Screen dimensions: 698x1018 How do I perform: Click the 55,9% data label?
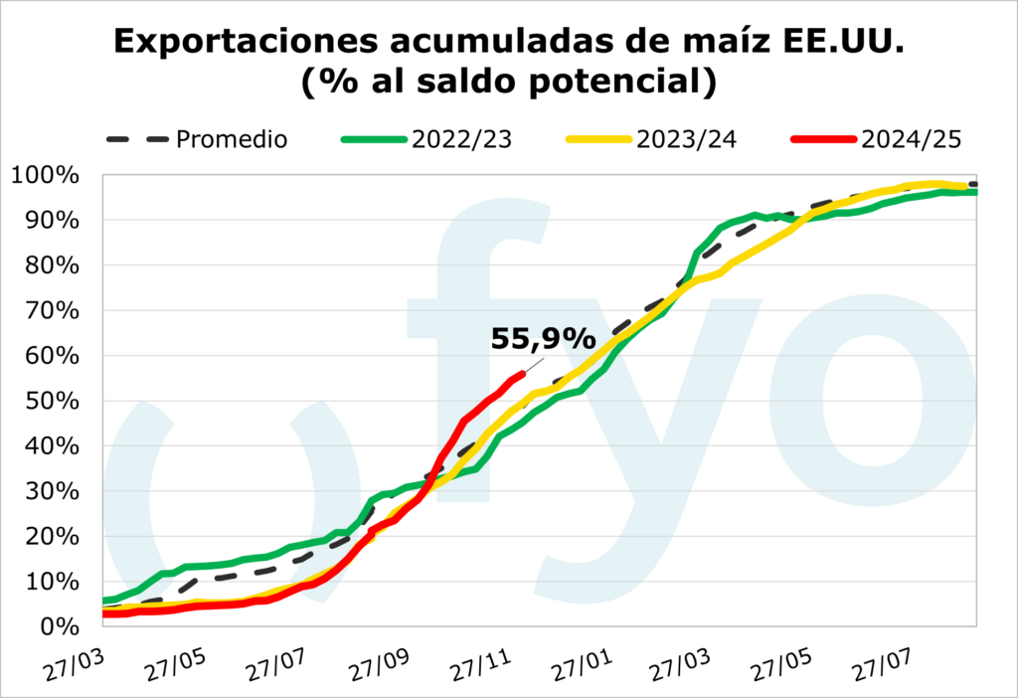tap(542, 340)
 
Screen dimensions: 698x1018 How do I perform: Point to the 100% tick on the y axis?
tap(46, 176)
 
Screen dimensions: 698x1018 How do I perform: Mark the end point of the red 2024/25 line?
tap(523, 374)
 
